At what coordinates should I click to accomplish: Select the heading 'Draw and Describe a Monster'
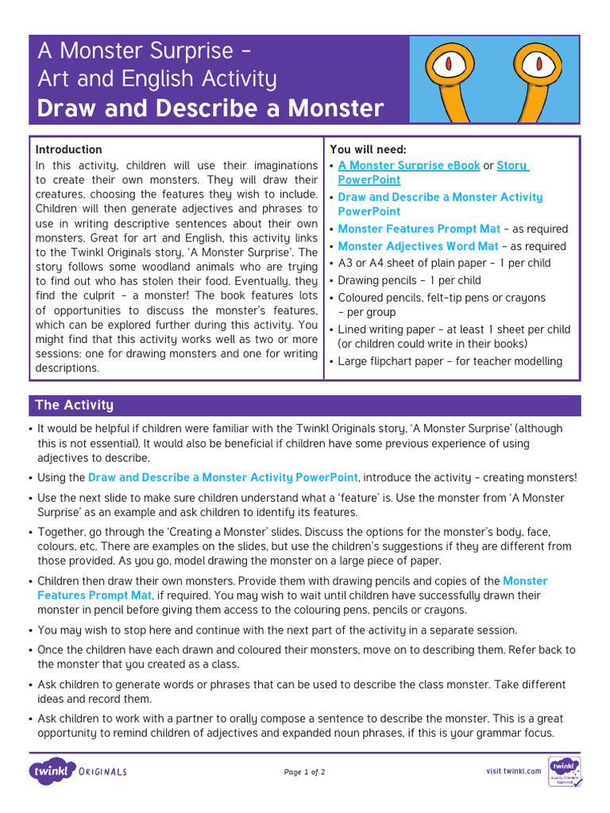coord(210,108)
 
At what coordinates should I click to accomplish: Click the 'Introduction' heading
coord(69,149)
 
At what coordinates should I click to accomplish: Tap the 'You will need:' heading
coord(368,149)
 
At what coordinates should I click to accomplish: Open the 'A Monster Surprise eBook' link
coord(409,165)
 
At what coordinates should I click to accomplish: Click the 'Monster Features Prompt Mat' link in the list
coord(419,229)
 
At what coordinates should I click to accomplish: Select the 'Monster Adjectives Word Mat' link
coord(418,246)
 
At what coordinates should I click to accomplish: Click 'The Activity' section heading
coord(74,405)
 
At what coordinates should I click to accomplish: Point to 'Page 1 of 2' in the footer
coord(304,771)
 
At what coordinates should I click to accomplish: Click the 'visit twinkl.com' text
coord(514,771)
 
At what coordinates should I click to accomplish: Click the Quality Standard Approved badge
coord(564,770)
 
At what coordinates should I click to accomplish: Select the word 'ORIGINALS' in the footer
coord(103,771)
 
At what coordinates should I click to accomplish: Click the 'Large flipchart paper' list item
coord(450,361)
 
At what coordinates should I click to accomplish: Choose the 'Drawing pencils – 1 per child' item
coord(409,280)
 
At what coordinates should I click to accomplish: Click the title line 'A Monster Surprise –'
coord(145,52)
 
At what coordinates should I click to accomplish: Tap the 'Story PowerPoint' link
coord(512,165)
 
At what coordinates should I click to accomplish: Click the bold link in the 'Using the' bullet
coord(222,477)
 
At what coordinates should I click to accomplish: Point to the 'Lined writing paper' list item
coord(454,329)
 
